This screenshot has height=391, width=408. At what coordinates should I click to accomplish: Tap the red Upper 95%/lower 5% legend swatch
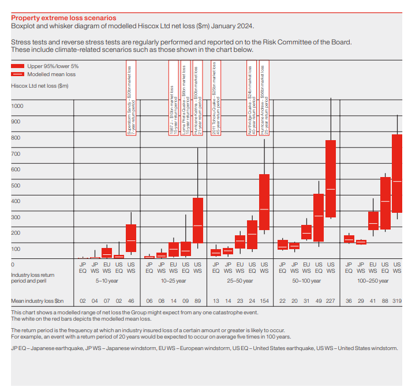click(x=17, y=66)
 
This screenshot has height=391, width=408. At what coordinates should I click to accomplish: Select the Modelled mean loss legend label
click(x=51, y=74)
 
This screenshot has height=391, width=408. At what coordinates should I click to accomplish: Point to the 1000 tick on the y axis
click(x=17, y=106)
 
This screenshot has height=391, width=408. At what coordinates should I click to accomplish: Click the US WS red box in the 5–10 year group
click(x=131, y=239)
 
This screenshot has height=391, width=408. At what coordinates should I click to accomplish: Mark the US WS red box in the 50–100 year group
click(x=331, y=179)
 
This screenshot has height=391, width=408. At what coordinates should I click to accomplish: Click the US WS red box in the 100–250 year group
click(x=397, y=174)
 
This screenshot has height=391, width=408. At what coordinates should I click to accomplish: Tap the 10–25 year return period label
click(x=174, y=281)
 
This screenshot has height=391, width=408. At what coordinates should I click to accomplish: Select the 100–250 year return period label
click(x=372, y=281)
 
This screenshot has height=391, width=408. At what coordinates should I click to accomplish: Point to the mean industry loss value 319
click(x=397, y=301)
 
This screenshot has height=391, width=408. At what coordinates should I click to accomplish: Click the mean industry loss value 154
click(x=264, y=301)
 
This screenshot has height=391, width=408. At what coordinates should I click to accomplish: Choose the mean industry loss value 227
click(x=331, y=301)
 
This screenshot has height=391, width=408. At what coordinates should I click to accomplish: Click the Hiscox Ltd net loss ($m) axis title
click(x=40, y=86)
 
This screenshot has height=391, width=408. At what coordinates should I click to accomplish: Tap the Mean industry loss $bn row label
click(x=38, y=301)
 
